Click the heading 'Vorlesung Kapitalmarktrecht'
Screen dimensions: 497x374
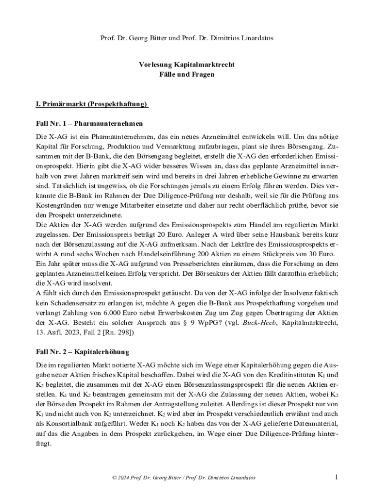coord(187,65)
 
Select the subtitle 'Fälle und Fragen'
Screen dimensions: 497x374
coord(187,75)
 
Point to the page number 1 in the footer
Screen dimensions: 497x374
coord(336,477)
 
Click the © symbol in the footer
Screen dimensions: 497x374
coord(114,478)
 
